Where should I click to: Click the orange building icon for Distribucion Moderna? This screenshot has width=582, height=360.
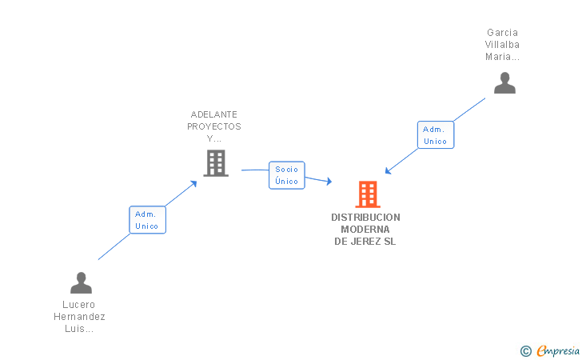pos(367,194)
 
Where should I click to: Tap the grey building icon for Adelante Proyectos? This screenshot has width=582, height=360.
pos(215,163)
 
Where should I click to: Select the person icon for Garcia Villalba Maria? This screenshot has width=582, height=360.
pos(504,83)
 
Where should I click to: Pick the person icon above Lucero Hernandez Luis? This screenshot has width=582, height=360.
pos(81,283)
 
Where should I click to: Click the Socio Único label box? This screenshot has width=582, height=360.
pos(286,175)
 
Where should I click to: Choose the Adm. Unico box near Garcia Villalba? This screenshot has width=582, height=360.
pos(435,135)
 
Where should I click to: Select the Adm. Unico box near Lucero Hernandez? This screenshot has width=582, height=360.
pos(147,220)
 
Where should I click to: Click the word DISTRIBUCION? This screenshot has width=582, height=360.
pos(365,218)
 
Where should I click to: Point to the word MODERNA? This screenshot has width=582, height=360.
pos(365,230)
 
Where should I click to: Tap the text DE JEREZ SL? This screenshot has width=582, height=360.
pos(365,242)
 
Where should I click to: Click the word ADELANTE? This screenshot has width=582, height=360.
pos(214,114)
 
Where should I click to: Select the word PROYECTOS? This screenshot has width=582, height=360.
pos(214,126)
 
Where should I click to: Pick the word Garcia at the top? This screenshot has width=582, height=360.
pos(502,33)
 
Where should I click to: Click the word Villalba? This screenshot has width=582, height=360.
pos(502,45)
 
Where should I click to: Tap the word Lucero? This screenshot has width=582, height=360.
pos(78,305)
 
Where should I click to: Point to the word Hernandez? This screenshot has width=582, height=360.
pos(78,317)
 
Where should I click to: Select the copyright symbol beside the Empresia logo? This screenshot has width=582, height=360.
pos(525,350)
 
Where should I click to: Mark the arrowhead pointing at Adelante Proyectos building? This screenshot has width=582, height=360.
pos(194,183)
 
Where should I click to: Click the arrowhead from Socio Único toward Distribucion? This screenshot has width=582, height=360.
pos(329,182)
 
